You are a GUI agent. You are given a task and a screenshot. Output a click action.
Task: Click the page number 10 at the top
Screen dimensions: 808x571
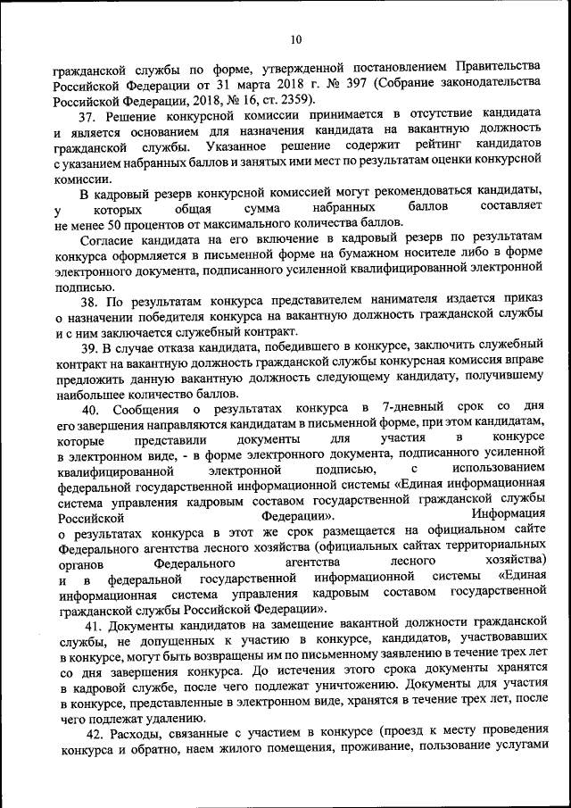coord(296,38)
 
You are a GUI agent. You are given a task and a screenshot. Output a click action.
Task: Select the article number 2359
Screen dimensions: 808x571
coord(294,99)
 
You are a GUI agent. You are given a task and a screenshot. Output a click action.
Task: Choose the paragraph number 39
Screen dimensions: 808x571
coord(88,347)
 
